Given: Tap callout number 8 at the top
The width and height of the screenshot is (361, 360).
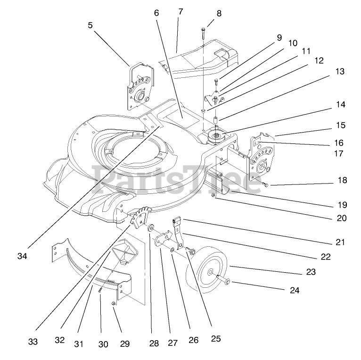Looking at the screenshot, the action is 218,13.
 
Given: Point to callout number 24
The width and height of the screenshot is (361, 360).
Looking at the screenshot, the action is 294,290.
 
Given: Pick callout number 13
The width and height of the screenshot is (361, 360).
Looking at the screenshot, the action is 340,72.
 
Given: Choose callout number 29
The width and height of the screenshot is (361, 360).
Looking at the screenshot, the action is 124,343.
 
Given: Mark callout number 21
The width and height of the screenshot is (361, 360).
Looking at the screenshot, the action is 340,242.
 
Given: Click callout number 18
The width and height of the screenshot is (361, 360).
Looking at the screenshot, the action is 342,180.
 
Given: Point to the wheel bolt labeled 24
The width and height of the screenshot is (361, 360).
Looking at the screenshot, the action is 227,282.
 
